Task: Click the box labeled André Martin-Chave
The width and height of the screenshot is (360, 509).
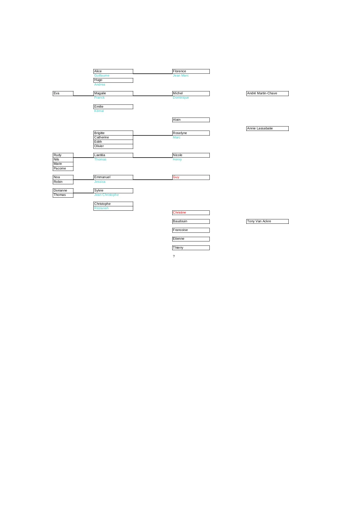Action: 267,93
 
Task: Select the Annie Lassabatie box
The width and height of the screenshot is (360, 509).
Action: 267,129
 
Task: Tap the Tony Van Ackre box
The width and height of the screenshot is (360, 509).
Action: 267,221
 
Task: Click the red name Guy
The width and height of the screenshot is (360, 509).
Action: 176,177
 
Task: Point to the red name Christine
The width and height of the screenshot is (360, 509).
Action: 179,213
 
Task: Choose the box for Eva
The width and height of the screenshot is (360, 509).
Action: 63,93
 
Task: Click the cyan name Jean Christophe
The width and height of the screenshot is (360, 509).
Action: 106,195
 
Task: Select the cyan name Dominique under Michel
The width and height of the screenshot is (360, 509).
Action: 181,98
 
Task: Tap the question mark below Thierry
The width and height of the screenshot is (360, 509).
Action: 174,257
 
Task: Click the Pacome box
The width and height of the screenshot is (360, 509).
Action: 63,169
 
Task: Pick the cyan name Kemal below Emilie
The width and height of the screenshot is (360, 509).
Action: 99,111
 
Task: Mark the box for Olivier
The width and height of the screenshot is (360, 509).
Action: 113,146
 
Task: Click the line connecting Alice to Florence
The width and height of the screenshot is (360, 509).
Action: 153,74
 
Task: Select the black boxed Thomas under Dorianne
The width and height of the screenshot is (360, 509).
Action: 63,195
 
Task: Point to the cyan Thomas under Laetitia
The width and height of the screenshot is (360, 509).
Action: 100,160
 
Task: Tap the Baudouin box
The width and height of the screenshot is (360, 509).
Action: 191,221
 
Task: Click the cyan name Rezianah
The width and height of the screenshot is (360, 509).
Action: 102,208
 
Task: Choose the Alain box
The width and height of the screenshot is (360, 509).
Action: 191,120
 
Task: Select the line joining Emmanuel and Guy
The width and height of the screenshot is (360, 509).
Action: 153,180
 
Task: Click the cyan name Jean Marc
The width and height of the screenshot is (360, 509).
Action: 181,76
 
